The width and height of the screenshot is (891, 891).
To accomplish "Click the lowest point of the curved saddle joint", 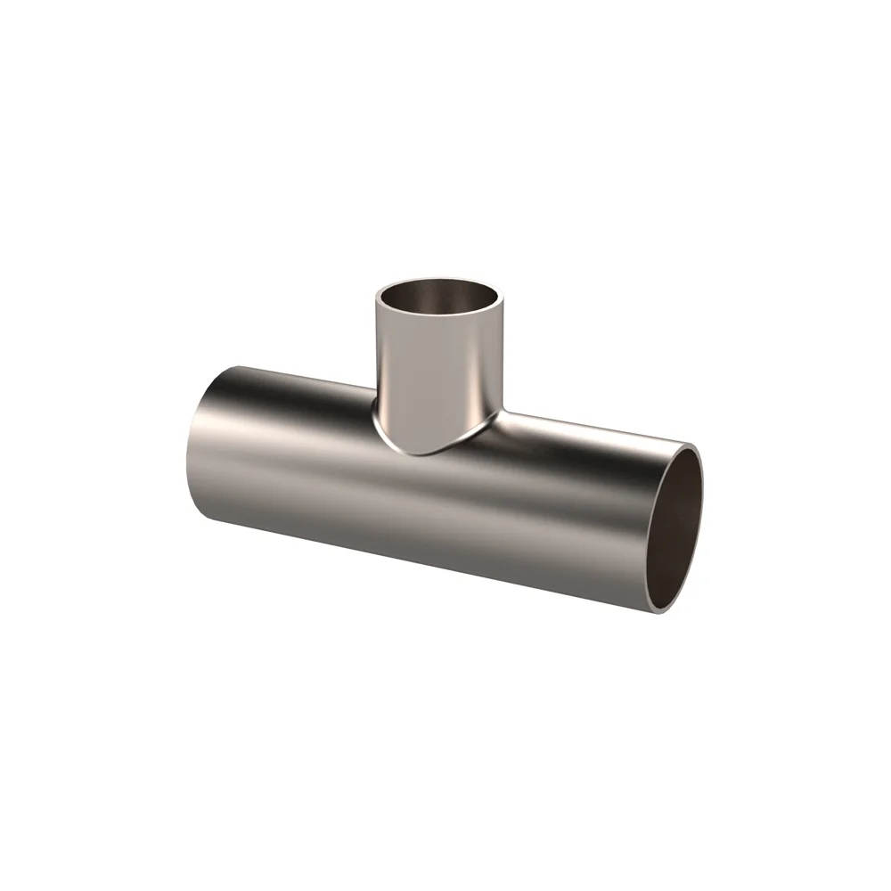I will [x=428, y=455].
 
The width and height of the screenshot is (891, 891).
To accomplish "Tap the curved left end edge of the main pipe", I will [x=188, y=445].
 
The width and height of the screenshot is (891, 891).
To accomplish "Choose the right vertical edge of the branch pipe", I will [x=502, y=356].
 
